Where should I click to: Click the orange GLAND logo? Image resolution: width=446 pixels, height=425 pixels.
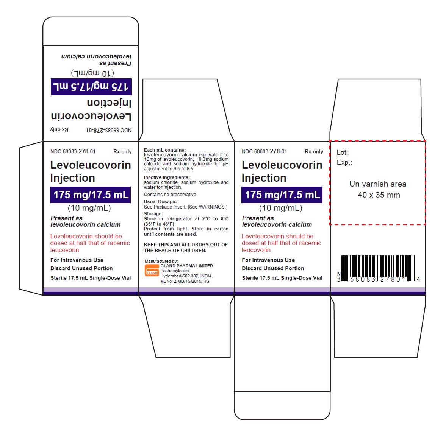(x=152, y=270)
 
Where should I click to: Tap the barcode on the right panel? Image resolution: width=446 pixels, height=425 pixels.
(x=378, y=268)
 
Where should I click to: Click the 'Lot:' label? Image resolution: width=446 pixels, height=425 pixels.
(x=342, y=153)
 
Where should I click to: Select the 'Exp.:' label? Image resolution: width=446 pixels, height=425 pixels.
(x=344, y=162)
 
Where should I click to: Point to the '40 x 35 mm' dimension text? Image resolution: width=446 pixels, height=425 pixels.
(x=379, y=195)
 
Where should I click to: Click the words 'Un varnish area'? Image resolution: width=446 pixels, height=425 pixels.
(x=378, y=184)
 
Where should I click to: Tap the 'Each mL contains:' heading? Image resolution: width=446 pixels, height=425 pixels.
(x=165, y=150)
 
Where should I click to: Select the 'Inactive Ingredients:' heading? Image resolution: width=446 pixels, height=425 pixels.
(x=167, y=177)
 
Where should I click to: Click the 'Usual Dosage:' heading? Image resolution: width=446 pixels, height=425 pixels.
(x=160, y=201)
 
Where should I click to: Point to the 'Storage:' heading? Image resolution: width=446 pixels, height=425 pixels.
(x=153, y=214)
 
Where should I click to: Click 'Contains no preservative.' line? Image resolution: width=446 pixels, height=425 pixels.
(x=171, y=194)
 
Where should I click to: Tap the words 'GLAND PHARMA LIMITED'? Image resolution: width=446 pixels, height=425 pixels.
(x=186, y=266)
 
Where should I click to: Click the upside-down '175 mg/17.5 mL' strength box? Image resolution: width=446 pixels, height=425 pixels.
(x=91, y=87)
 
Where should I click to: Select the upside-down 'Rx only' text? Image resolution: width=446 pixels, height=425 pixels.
(x=59, y=130)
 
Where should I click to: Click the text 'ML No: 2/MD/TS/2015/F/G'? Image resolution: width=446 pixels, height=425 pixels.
(x=185, y=281)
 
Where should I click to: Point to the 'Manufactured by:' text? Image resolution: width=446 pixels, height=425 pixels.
(x=161, y=261)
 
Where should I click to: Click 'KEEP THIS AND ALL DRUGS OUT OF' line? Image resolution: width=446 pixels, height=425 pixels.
(x=186, y=244)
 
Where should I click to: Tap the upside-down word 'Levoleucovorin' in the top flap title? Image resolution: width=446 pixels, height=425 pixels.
(x=91, y=116)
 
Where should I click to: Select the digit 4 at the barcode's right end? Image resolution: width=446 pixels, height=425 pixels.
(x=418, y=280)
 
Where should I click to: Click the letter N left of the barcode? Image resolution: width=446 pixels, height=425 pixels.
(x=339, y=274)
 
